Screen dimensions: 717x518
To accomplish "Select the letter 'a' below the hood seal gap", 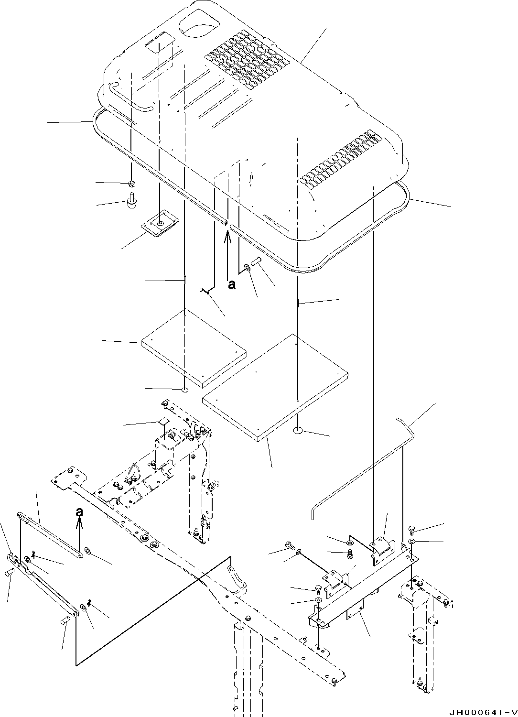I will [232, 285].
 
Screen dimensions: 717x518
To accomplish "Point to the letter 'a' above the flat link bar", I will [80, 512].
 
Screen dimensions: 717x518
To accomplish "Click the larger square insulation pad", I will [275, 386].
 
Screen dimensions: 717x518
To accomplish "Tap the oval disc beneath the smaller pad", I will [184, 390].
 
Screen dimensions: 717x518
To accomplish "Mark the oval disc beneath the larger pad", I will [298, 431].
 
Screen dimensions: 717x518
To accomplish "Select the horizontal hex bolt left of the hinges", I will [289, 545].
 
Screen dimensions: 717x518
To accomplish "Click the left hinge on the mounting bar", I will [336, 578].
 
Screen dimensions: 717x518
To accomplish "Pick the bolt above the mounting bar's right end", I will [412, 529].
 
